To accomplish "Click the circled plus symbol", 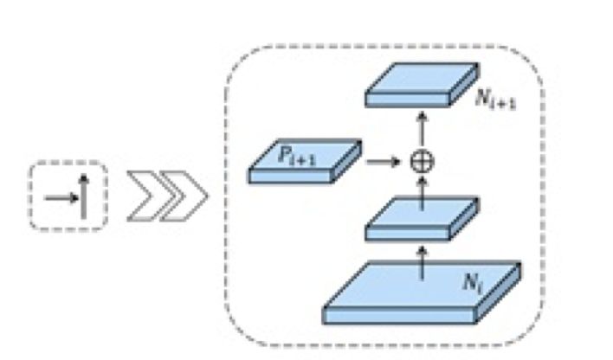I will (422, 160).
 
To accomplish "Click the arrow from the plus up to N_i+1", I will (422, 128).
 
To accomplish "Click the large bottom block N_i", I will (416, 286).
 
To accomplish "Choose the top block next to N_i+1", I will (416, 83).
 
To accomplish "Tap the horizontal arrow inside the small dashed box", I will (60, 197).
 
